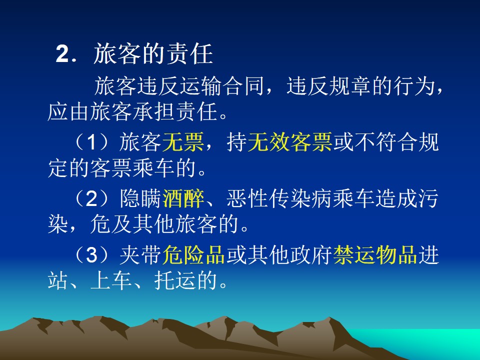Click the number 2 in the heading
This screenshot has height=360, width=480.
point(62,54)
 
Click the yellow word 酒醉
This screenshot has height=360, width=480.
point(183,198)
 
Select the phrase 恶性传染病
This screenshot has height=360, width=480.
point(279,198)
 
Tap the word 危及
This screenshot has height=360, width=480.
point(111,224)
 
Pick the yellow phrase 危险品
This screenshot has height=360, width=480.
point(194,254)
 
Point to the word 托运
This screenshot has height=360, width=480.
point(175,280)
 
